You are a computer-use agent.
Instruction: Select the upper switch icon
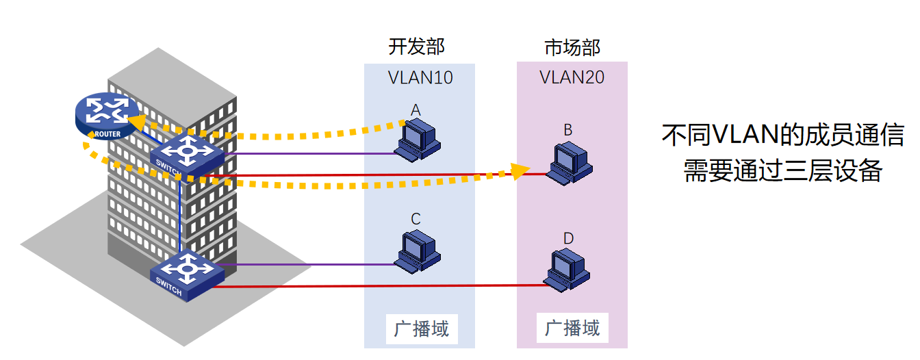187,155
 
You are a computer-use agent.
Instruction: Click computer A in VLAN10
418,141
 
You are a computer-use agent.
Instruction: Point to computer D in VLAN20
568,269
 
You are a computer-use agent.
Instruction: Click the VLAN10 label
420,77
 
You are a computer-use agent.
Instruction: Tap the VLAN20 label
572,77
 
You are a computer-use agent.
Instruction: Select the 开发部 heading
416,47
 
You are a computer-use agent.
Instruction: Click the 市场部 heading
572,47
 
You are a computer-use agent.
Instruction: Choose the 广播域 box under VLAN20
572,328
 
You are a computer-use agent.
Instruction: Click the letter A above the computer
416,110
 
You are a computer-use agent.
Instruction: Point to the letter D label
568,238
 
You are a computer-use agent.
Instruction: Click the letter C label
416,219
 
